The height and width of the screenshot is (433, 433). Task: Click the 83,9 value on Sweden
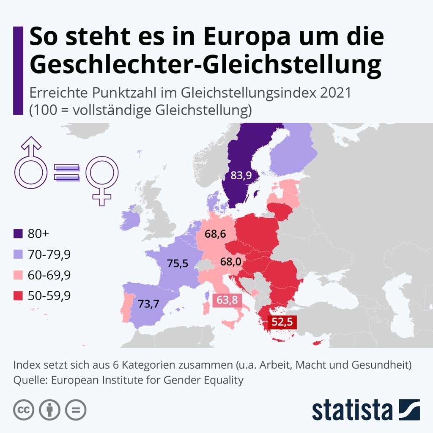pyautogui.click(x=241, y=175)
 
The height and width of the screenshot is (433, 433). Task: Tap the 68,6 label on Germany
pyautogui.click(x=215, y=233)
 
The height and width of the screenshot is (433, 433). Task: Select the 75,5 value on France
pyautogui.click(x=178, y=263)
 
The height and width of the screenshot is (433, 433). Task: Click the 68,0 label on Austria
pyautogui.click(x=230, y=262)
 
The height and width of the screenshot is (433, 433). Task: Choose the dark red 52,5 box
pyautogui.click(x=282, y=322)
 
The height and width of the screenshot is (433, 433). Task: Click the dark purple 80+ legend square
pyautogui.click(x=18, y=234)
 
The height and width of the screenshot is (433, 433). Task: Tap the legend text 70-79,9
pyautogui.click(x=49, y=255)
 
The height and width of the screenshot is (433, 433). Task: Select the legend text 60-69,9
pyautogui.click(x=49, y=275)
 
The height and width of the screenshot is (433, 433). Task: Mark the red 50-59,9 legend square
pyautogui.click(x=18, y=296)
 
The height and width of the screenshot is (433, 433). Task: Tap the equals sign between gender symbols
pyautogui.click(x=66, y=173)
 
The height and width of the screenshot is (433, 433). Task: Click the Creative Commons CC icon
pyautogui.click(x=24, y=409)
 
